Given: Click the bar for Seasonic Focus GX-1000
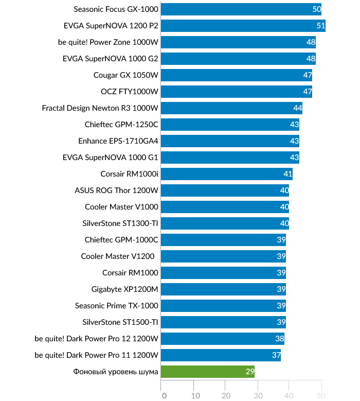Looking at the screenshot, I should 241,9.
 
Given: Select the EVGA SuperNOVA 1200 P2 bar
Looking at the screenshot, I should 243,26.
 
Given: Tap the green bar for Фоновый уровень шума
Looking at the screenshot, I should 207,372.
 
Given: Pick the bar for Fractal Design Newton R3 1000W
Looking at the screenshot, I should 231,108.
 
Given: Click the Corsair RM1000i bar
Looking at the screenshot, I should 226,174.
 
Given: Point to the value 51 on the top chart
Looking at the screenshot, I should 320,26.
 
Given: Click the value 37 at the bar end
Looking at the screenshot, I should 276,355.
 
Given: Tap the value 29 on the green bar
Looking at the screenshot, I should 249,372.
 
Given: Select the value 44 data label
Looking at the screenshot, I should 297,108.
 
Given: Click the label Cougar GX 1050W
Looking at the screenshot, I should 125,75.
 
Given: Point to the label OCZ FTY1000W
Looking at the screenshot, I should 129,92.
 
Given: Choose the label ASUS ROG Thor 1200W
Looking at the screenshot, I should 116,190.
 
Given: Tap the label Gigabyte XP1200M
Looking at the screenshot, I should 124,289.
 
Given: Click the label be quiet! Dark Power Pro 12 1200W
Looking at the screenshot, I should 96,339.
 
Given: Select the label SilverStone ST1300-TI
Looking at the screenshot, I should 120,223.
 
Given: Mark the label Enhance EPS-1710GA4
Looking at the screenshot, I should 118,141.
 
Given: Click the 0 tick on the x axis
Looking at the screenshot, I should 164,395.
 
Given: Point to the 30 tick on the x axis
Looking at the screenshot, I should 258,395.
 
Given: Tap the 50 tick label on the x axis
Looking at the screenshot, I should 320,395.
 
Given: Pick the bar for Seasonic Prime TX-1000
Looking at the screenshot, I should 223,306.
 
